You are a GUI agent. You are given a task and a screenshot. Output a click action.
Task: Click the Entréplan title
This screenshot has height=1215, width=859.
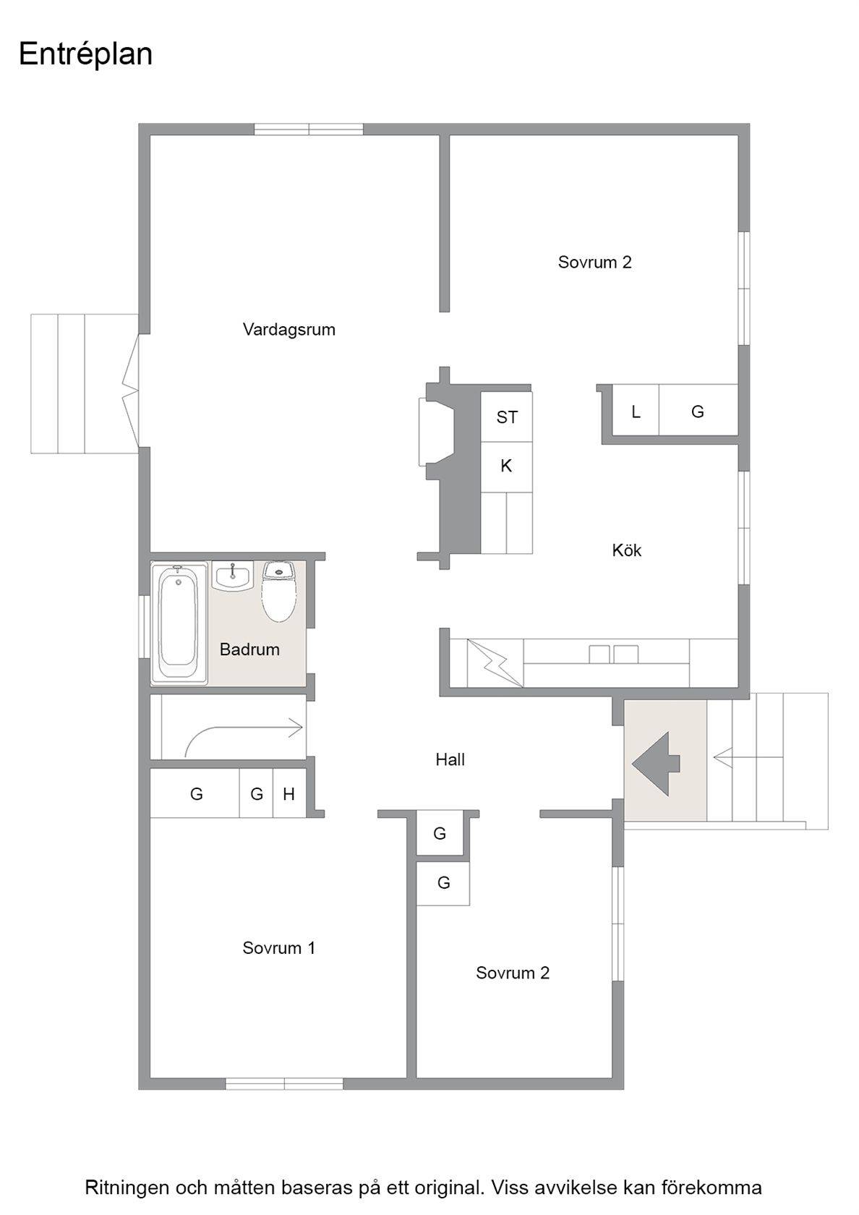point(85,55)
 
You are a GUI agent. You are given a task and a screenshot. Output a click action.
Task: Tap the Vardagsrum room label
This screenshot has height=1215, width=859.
point(289,330)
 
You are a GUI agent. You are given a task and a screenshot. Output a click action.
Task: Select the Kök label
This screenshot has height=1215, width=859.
point(626,550)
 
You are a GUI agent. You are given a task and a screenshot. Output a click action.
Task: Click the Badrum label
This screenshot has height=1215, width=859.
point(249,649)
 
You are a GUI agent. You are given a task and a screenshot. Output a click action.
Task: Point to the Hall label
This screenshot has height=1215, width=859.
point(450,759)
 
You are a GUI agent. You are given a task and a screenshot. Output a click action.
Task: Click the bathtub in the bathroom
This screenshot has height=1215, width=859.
point(179,623)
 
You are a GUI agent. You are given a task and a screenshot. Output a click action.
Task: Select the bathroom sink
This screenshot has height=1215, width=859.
point(233,576)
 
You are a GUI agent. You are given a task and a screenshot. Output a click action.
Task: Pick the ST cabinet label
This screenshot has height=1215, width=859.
point(507,417)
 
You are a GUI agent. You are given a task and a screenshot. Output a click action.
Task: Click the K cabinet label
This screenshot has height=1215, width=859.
point(506,466)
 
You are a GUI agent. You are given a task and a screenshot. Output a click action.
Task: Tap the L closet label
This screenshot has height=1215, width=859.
point(636,412)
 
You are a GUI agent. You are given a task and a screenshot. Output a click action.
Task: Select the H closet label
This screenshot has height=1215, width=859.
point(289,794)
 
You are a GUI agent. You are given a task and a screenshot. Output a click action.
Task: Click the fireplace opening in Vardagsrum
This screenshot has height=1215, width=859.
point(436,432)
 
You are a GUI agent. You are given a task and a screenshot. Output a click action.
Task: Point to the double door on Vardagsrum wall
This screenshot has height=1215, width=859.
point(131,391)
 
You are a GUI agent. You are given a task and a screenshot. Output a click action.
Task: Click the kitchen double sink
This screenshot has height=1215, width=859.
point(613,654)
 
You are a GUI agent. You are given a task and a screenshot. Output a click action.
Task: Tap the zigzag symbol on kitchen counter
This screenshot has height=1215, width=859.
point(493,662)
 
